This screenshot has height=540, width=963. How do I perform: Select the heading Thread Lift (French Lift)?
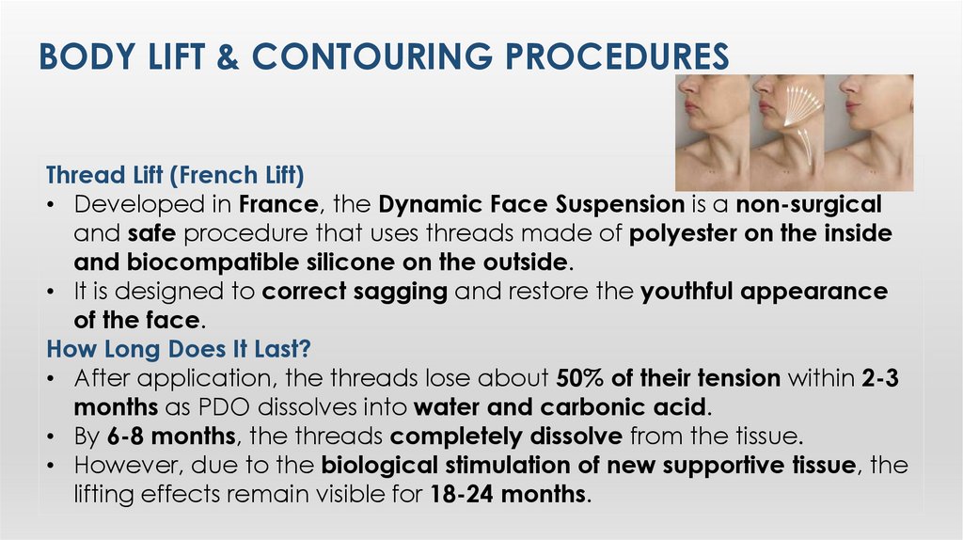pos(176,176)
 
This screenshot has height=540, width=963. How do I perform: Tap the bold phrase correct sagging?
pos(355,292)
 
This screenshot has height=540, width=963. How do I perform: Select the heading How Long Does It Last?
pos(179,349)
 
